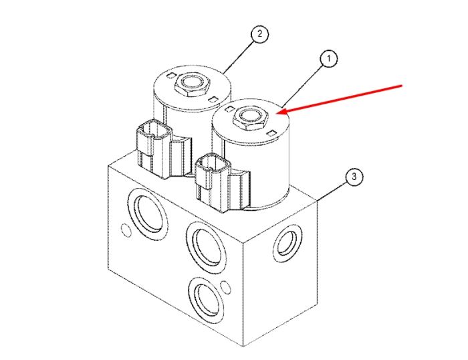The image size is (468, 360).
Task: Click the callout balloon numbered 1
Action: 329,59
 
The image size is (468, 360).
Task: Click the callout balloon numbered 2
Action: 259,33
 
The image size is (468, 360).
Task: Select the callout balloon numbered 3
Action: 354,177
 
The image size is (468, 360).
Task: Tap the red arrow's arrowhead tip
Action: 277,113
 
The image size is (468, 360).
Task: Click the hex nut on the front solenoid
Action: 249,118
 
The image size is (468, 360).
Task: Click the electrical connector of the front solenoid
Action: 212,182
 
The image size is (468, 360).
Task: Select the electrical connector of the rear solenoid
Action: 154,149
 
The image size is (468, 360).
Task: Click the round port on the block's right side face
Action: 287,243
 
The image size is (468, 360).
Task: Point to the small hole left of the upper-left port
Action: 126,230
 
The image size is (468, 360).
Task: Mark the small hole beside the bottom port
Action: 227,288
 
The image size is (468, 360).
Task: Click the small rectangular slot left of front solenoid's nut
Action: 229,109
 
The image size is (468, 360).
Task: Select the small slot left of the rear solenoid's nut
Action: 170,76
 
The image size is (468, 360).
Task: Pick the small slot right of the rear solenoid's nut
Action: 213,99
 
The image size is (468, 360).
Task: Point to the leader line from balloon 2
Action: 239,58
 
